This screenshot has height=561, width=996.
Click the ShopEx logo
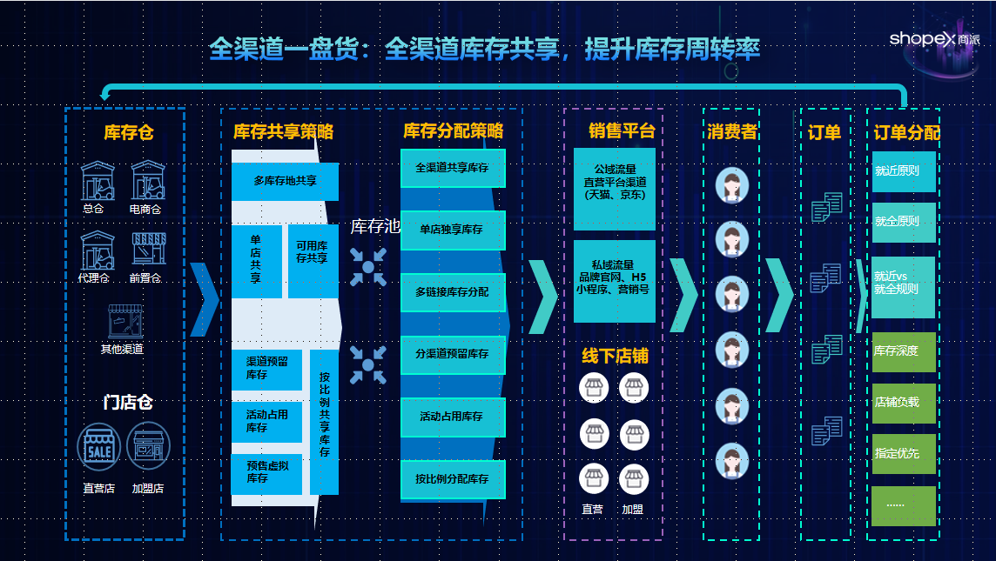934,39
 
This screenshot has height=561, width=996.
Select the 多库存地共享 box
285,182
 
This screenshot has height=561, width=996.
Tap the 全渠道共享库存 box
452,168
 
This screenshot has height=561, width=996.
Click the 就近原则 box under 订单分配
903,171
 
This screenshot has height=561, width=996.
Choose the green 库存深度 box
903,351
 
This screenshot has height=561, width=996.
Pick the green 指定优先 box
903,454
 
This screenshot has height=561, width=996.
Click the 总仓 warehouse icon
98,181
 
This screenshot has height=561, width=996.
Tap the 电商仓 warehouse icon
148,181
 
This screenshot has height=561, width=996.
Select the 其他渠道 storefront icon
125,321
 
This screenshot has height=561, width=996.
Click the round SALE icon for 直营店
99,447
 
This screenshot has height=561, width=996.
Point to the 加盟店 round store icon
148,447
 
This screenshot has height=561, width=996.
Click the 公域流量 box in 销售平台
615,189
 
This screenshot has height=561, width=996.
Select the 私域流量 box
615,281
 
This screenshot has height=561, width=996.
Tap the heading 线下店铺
615,356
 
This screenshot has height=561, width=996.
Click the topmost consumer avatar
731,185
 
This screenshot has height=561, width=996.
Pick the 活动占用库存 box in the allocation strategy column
452,417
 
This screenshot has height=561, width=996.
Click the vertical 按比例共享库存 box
324,422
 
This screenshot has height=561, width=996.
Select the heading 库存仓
129,132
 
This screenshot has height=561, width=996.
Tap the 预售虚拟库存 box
266,474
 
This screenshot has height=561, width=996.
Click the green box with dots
903,506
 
